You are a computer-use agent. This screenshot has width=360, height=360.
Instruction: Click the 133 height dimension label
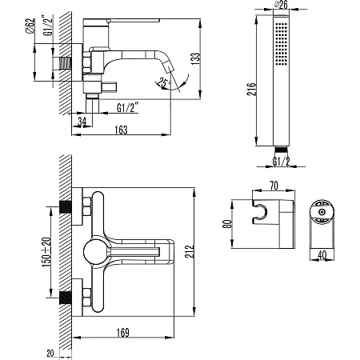click(195, 58)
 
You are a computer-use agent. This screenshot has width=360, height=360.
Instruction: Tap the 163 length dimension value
click(121, 130)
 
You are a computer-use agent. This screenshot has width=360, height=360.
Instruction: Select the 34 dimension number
click(82, 122)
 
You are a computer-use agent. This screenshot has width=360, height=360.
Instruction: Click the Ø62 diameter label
click(30, 26)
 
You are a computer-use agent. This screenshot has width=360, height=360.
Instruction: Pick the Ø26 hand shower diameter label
click(281, 5)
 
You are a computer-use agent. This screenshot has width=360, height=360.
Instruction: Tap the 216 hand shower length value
click(252, 89)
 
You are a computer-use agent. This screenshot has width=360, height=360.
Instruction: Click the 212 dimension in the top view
click(190, 251)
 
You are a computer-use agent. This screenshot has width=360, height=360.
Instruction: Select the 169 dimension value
click(123, 333)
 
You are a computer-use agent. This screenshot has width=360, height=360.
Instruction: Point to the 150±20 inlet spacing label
click(46, 252)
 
